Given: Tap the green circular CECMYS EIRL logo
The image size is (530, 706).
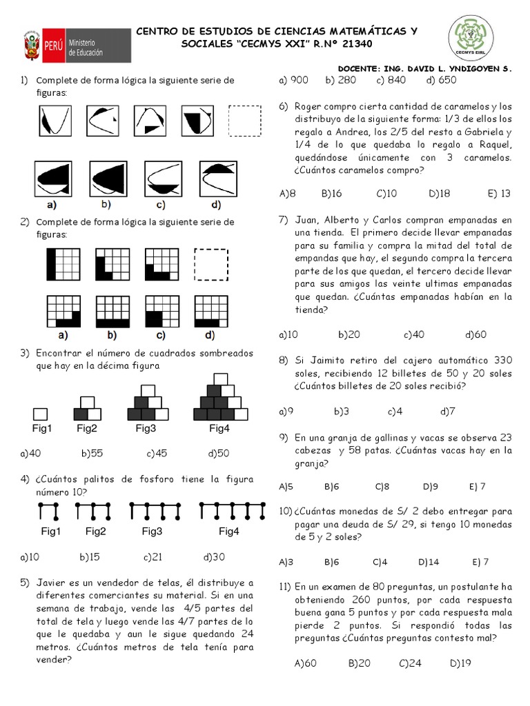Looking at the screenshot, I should coord(471,39).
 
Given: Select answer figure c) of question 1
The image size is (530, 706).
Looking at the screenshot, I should coord(161,178).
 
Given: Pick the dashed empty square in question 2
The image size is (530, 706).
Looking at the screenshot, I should coord(210,264).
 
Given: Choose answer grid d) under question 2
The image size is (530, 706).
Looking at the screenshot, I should coord(210,312).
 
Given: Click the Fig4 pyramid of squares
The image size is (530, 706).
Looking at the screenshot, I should coord(219,399).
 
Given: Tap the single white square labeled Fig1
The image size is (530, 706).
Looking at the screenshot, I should coord(40,414).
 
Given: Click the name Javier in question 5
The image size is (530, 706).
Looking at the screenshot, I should coord(52,583).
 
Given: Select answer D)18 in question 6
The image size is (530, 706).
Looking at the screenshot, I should coord(439,194).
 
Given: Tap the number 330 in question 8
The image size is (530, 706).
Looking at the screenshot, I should coord(502,361).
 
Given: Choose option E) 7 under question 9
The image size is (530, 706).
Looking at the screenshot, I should coord(478,486).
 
